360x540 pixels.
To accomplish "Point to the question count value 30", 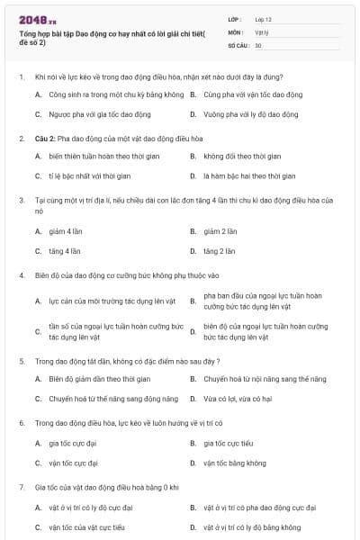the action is pyautogui.click(x=258, y=44).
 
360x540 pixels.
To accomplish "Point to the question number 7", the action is pyautogui.click(x=21, y=486).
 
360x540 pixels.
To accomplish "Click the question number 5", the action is pyautogui.click(x=21, y=360).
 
